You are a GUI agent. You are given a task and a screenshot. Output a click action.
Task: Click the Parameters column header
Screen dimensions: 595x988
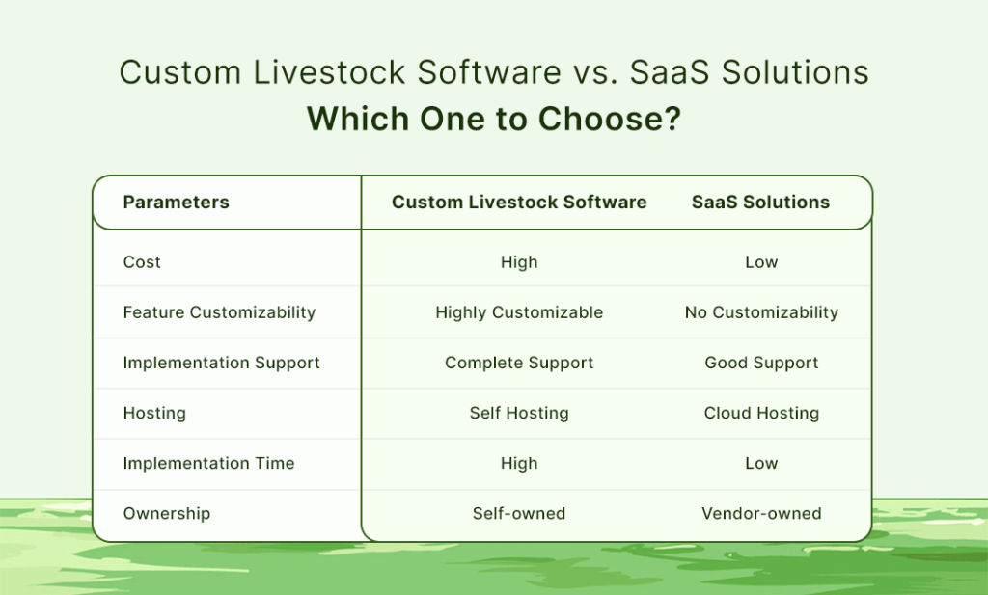point(176,203)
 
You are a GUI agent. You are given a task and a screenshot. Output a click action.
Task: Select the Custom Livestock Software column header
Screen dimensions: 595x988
point(519,203)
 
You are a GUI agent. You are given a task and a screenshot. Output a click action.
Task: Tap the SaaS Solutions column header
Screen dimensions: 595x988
point(760,203)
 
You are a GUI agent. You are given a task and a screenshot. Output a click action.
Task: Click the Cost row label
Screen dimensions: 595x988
point(142,262)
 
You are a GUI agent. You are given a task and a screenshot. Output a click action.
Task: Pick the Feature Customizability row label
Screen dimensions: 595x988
point(219,312)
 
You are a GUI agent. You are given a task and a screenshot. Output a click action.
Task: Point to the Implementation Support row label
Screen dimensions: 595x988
point(221,363)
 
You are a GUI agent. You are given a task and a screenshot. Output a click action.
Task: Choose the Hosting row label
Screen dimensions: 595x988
point(154,413)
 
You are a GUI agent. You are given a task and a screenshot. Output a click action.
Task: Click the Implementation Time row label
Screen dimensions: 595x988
point(208,463)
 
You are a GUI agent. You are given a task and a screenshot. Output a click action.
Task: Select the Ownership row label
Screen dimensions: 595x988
point(166,513)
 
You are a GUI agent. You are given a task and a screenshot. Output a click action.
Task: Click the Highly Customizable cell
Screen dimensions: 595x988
point(519,312)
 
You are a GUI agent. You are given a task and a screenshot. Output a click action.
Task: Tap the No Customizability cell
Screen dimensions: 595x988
point(761,312)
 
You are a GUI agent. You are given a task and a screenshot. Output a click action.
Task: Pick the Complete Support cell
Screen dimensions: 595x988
point(519,363)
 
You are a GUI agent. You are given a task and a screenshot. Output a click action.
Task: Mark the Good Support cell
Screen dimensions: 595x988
point(761,363)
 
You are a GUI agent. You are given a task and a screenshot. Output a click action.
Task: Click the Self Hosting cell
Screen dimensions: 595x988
point(519,413)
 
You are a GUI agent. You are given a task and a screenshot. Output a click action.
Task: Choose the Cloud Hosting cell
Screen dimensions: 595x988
point(761,413)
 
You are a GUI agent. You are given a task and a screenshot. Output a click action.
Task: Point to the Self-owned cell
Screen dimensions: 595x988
point(519,513)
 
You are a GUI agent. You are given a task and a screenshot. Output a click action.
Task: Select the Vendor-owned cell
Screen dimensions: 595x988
point(761,513)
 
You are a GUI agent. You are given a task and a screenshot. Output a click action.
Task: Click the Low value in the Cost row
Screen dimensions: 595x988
point(761,262)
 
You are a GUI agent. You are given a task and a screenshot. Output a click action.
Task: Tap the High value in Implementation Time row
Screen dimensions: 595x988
point(519,463)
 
